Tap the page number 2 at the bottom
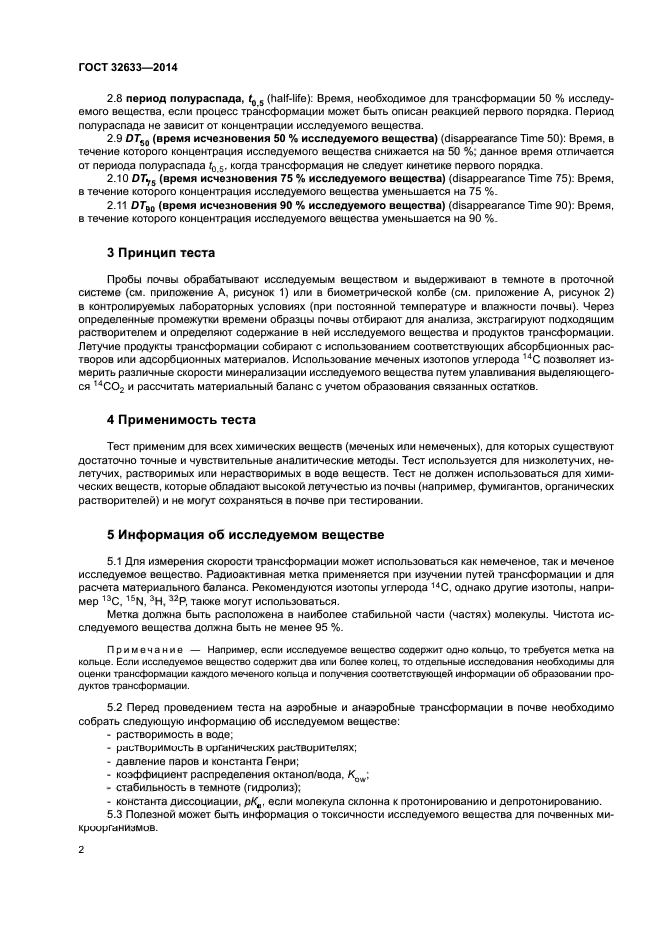pyautogui.click(x=82, y=850)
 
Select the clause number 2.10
pyautogui.click(x=119, y=176)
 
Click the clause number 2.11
pyautogui.click(x=119, y=205)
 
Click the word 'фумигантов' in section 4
pyautogui.click(x=464, y=487)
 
